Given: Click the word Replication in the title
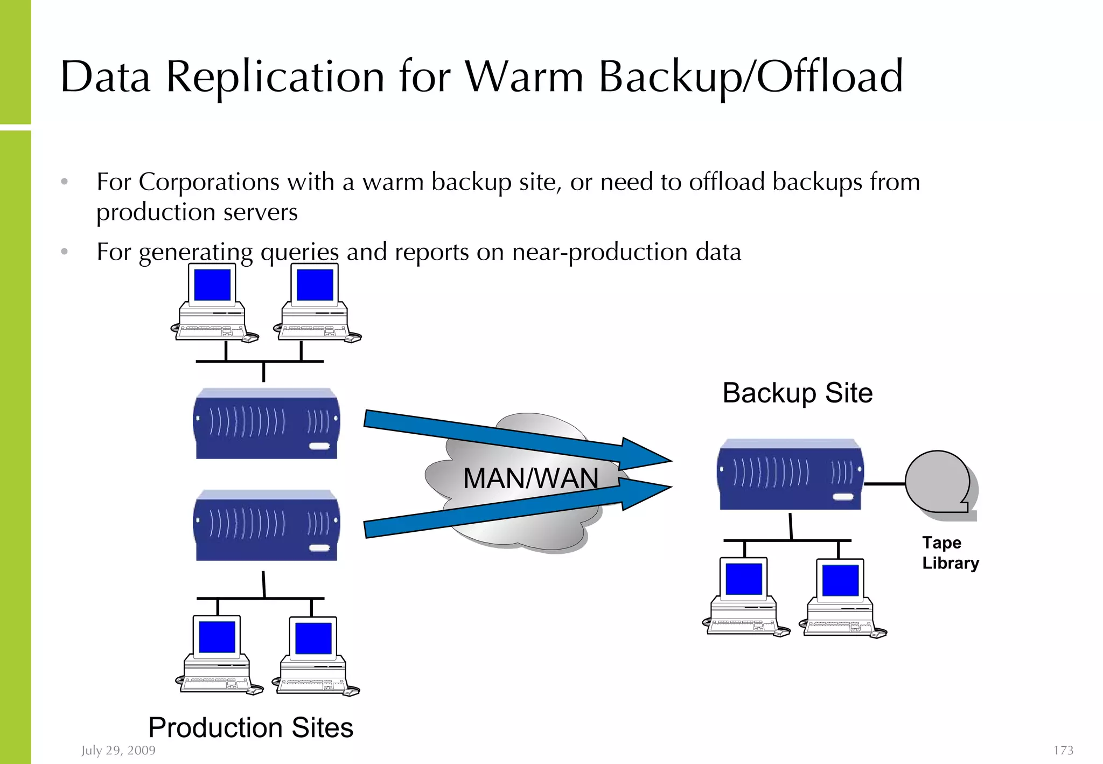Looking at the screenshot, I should (275, 77).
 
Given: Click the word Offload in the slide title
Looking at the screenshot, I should (829, 77).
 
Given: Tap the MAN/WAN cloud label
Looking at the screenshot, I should (530, 478).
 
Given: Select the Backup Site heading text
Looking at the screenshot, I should (797, 393).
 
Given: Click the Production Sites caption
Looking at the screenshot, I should (250, 727).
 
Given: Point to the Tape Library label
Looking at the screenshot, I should (950, 553).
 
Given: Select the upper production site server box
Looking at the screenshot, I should (267, 425).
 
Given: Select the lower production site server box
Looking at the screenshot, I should (267, 526).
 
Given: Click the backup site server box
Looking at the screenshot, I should (790, 475).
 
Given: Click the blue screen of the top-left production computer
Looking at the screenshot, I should (212, 285).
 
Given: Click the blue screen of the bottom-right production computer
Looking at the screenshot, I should (313, 638).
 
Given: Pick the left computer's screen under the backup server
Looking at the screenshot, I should (744, 579).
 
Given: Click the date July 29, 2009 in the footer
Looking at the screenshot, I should (118, 750).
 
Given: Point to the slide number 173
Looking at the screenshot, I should (1063, 750).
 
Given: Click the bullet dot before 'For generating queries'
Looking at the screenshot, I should (65, 252).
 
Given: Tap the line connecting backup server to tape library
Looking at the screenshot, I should (884, 484).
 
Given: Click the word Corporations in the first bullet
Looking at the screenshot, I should (209, 182).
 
